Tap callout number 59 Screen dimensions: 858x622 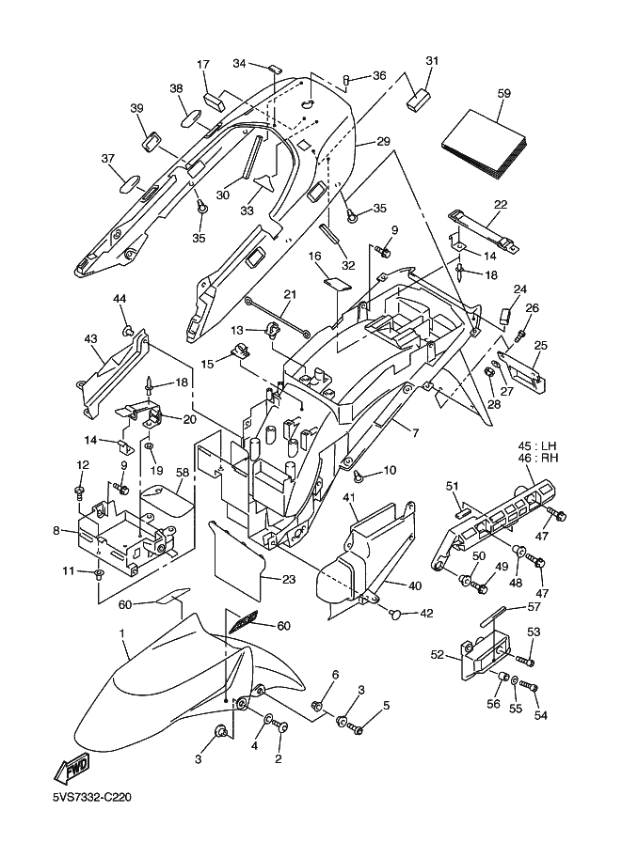(504, 93)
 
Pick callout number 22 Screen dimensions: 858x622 (500, 205)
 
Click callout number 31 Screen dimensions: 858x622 (432, 61)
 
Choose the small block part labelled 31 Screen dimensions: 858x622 (419, 99)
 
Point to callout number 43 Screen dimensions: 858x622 (90, 338)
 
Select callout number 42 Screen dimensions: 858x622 (426, 614)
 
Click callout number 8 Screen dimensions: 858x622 (57, 532)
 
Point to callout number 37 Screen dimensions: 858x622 (107, 158)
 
